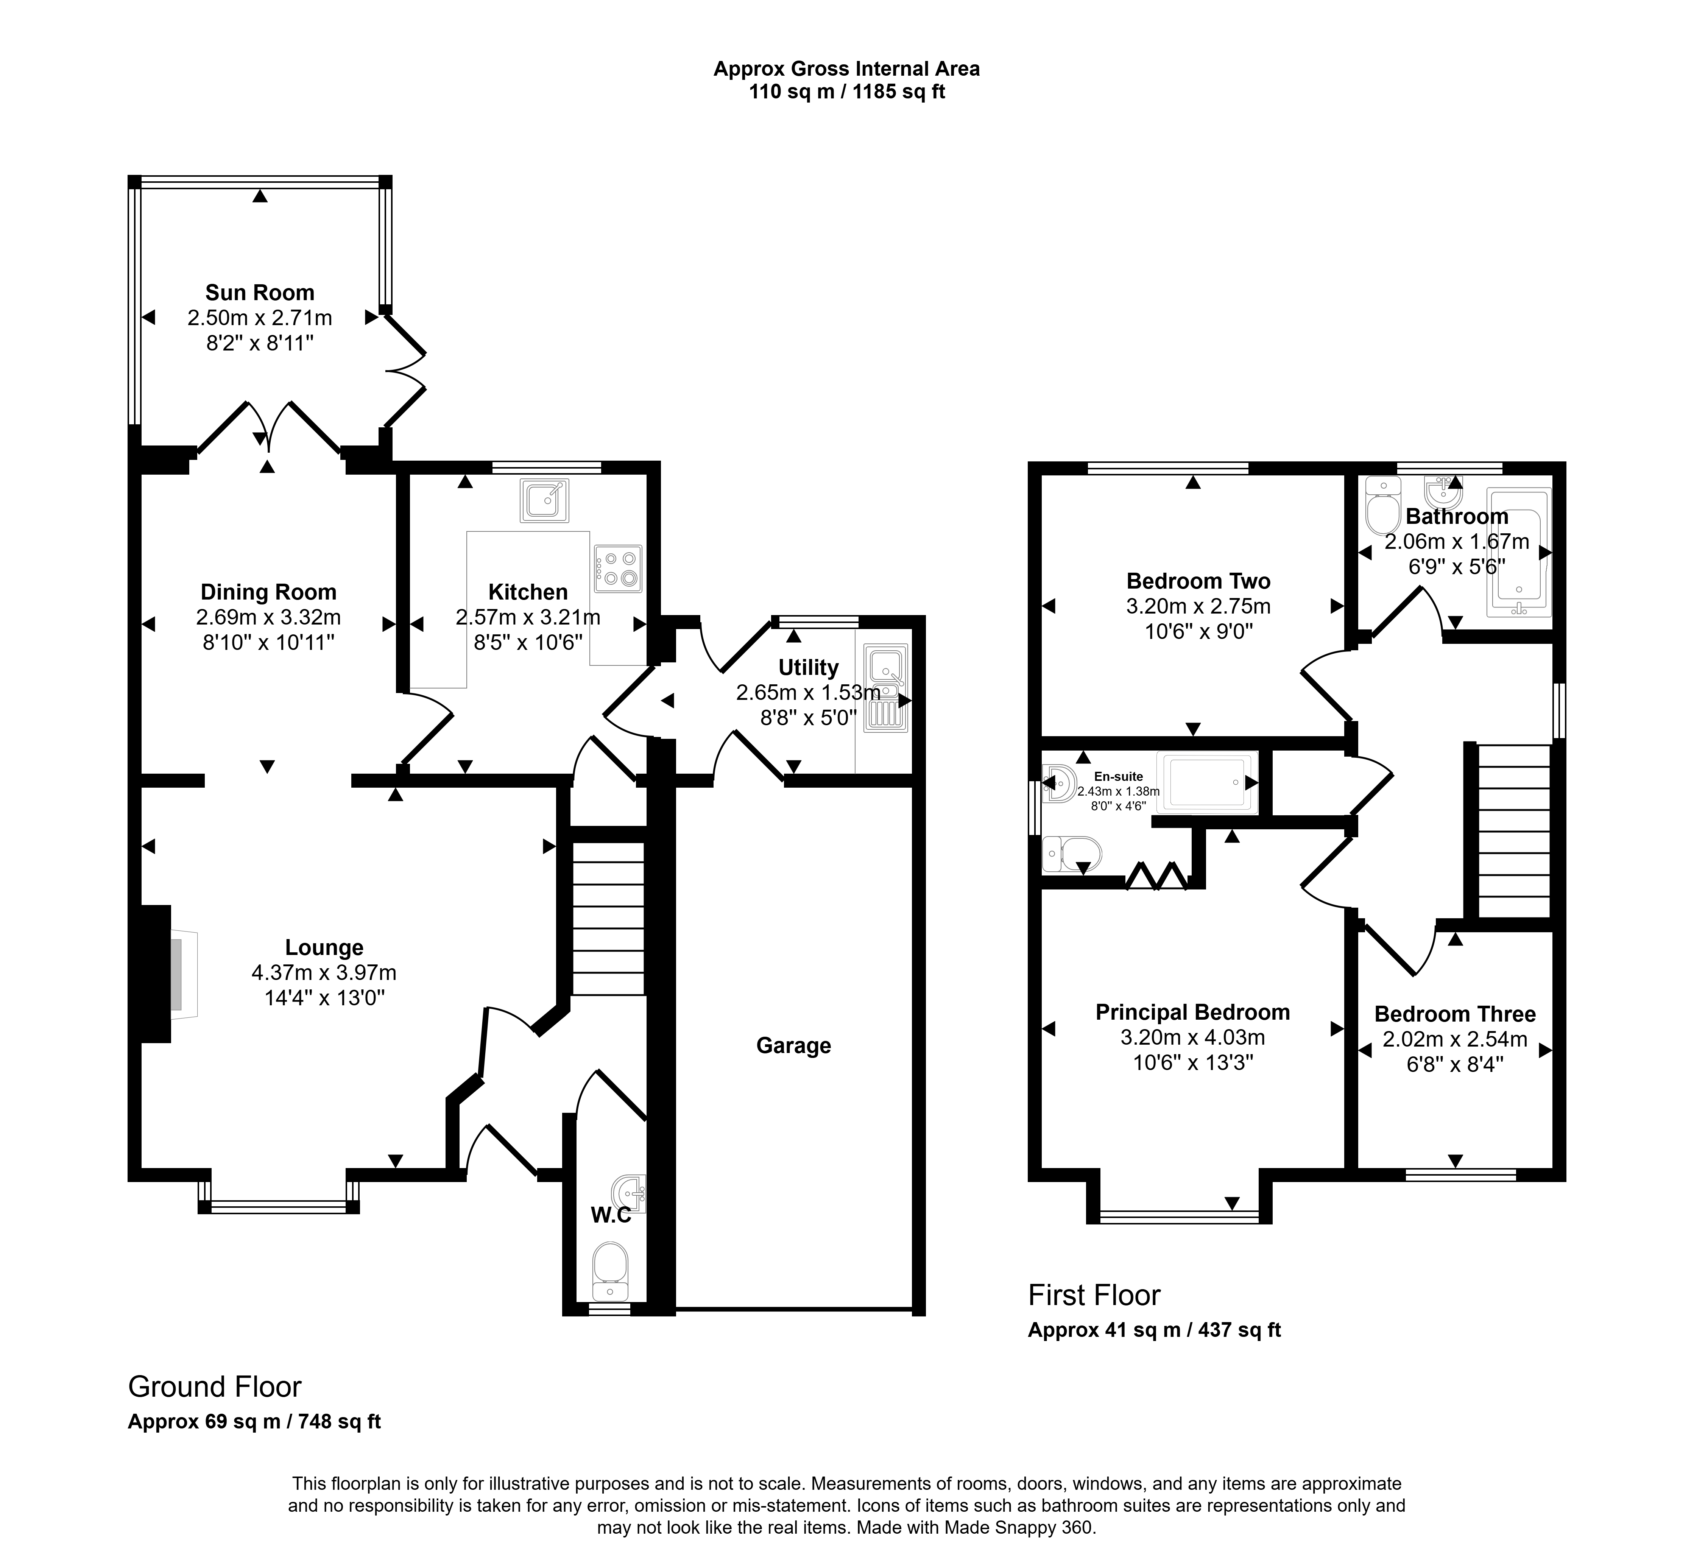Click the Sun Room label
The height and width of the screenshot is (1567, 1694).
[259, 293]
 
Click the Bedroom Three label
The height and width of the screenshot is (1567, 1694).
[1455, 1014]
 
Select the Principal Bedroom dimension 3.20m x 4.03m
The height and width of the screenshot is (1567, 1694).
[1193, 1037]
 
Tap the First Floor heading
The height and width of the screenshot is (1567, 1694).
[1094, 1295]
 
